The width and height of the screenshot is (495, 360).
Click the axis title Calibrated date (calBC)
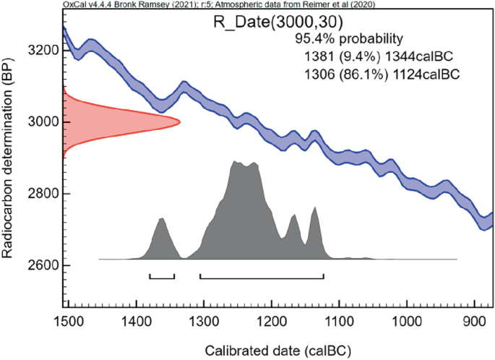pyautogui.click(x=278, y=351)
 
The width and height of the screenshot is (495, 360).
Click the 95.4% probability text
pyautogui.click(x=349, y=38)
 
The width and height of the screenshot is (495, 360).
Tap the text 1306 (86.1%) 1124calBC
pyautogui.click(x=381, y=73)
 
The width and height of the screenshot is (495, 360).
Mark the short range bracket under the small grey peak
pyautogui.click(x=162, y=277)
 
